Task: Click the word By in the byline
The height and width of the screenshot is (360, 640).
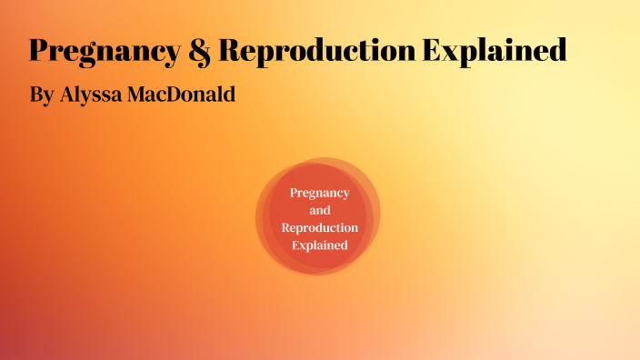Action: [41, 95]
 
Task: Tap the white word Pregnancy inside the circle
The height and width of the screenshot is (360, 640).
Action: [319, 193]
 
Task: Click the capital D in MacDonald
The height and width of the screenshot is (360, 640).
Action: [179, 94]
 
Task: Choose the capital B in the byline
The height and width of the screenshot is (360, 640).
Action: [35, 94]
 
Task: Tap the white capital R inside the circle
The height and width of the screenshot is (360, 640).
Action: [286, 227]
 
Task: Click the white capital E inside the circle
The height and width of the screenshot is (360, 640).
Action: [296, 245]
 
